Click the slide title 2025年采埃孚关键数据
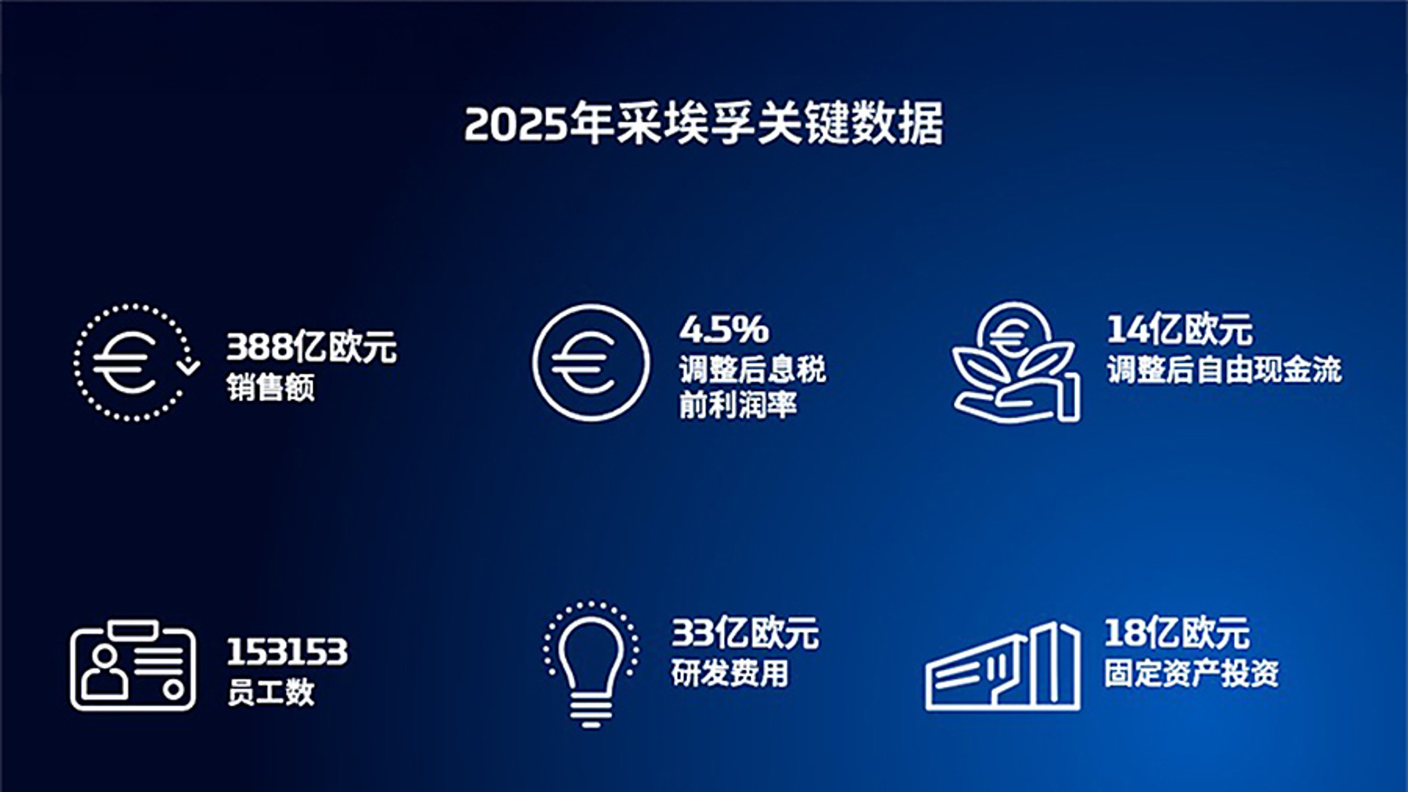click(704, 123)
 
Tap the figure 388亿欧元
click(312, 347)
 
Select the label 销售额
click(271, 387)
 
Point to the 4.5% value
click(724, 329)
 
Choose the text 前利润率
click(738, 405)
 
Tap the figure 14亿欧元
click(1180, 329)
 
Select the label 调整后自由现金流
click(1225, 370)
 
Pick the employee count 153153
click(287, 652)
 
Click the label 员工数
click(271, 692)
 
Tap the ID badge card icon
click(73, 666)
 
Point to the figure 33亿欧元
click(745, 633)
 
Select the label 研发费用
click(730, 673)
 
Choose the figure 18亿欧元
click(1178, 633)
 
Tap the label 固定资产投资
click(1192, 673)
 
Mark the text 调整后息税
click(752, 370)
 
